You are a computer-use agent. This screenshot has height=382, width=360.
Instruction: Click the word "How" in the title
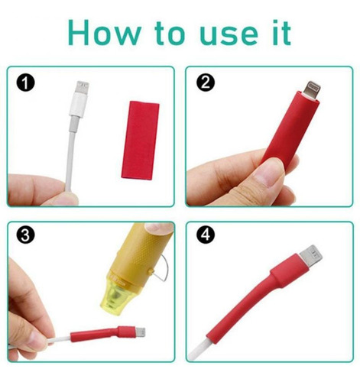104,33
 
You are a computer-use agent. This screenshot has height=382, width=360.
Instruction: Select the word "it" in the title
282,33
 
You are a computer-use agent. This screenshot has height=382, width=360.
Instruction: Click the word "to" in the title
169,34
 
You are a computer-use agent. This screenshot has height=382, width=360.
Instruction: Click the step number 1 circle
25,83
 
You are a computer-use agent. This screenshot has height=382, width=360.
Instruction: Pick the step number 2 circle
206,83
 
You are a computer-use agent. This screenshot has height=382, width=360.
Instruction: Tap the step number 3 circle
25,235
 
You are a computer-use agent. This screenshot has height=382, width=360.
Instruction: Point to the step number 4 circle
206,235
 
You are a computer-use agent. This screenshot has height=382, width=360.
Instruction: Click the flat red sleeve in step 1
140,140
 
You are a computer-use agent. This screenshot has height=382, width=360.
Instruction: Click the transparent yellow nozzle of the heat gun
118,295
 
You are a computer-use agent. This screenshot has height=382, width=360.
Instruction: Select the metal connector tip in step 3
141,332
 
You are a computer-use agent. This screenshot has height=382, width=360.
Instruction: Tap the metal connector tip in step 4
311,256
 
